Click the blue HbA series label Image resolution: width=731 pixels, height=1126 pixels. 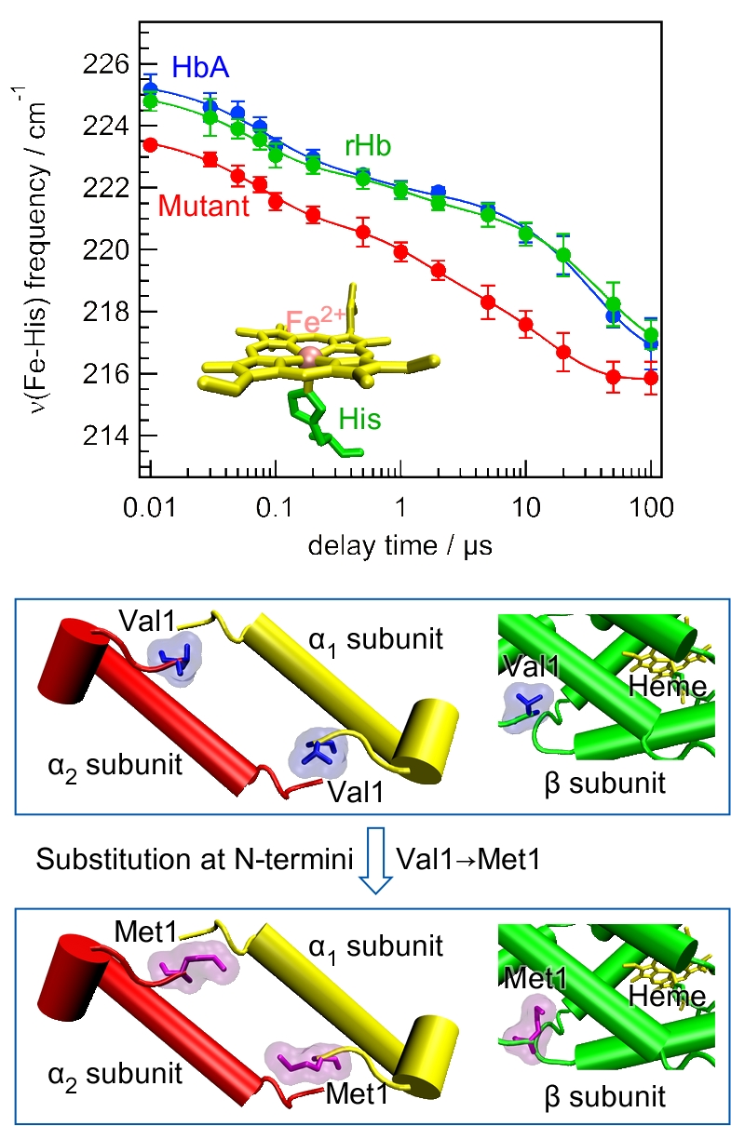pyautogui.click(x=201, y=67)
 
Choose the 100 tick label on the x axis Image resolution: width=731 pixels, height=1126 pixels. pyautogui.click(x=650, y=508)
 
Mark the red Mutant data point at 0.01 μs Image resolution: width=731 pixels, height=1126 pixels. pyautogui.click(x=150, y=144)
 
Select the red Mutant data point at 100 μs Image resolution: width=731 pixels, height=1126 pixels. pyautogui.click(x=651, y=378)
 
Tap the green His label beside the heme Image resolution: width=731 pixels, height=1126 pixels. pyautogui.click(x=359, y=419)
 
